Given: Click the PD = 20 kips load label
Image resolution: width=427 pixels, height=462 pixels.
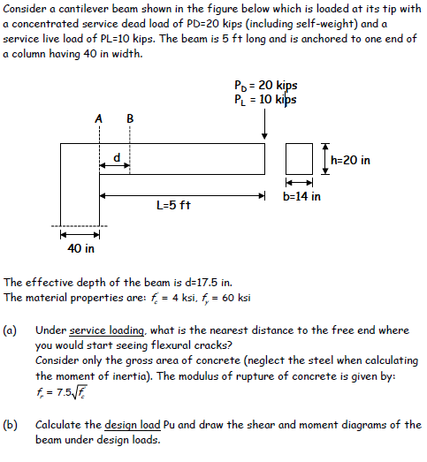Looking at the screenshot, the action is click(266, 86).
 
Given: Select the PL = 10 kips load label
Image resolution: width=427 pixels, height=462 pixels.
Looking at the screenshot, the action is click(266, 99).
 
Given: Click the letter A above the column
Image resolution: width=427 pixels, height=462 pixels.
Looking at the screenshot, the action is click(98, 118).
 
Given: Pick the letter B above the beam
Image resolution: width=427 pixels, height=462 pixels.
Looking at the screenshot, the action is click(130, 118).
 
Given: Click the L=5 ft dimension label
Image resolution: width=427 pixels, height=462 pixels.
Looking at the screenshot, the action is click(173, 205).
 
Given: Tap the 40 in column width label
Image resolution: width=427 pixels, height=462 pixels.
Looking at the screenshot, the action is click(81, 248).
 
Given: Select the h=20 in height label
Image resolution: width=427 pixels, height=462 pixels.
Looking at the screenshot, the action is click(350, 160).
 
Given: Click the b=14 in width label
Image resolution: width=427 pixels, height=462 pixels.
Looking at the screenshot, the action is click(301, 195).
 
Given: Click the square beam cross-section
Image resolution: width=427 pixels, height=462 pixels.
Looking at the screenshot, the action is click(301, 159).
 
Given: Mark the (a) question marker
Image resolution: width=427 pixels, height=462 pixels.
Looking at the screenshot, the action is click(11, 330).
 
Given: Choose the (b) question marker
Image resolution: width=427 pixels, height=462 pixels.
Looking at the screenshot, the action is click(11, 425).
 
